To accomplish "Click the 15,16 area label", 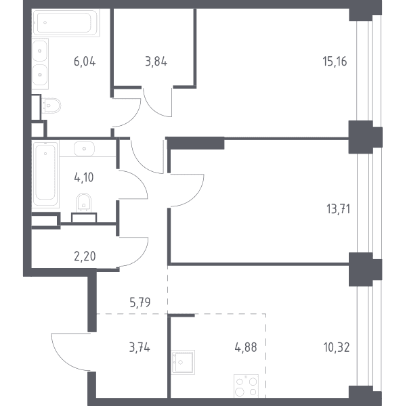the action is coord(335,62).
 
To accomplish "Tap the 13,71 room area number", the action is coord(338,208).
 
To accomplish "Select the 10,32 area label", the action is coord(337,347).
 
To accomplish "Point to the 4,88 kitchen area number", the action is coord(246,347).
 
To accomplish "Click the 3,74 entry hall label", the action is coord(140,347).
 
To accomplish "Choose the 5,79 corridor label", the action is coord(140,302).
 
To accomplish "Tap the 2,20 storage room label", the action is coord(85,256).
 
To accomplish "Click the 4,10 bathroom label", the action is coord(84,177).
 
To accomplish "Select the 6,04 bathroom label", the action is coord(85,62).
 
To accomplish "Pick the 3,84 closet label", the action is coord(156,62).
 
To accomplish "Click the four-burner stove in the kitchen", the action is coord(246,386).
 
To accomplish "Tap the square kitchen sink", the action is coord(183,362).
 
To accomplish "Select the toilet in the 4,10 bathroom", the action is coord(84,202).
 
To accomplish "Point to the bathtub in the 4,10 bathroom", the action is coord(45,174).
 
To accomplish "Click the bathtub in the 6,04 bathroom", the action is coord(65,23).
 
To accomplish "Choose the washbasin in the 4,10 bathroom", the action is coord(84,149).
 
